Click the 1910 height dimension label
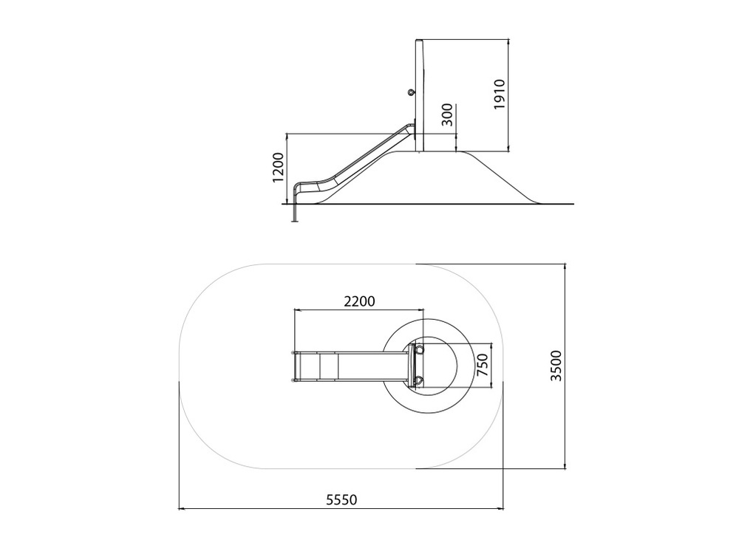500,95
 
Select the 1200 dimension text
279,168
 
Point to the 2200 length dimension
359,301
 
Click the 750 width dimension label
483,365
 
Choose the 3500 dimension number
556,366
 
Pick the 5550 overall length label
341,499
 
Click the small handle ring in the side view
412,93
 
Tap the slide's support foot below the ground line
295,213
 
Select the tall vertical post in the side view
419,95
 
